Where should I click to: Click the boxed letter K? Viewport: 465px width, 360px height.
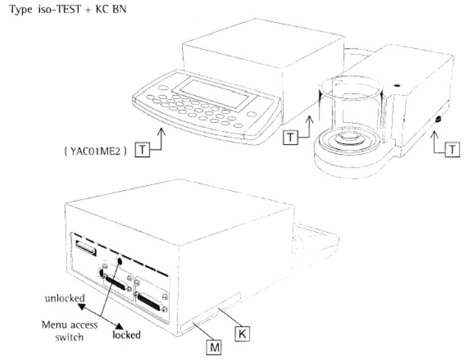(x=242, y=331)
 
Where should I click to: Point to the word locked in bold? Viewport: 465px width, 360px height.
(x=128, y=334)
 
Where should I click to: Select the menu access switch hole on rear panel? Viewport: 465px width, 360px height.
(x=120, y=260)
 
